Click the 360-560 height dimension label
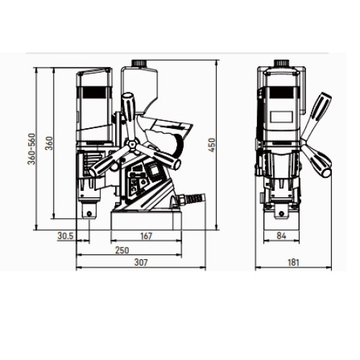32,149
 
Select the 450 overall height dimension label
212,145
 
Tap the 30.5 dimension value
66,236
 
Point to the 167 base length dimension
146,236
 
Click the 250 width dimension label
122,251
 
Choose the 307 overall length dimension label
140,262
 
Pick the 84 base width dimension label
282,236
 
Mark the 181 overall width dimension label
293,262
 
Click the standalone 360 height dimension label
49,143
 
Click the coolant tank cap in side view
139,63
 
